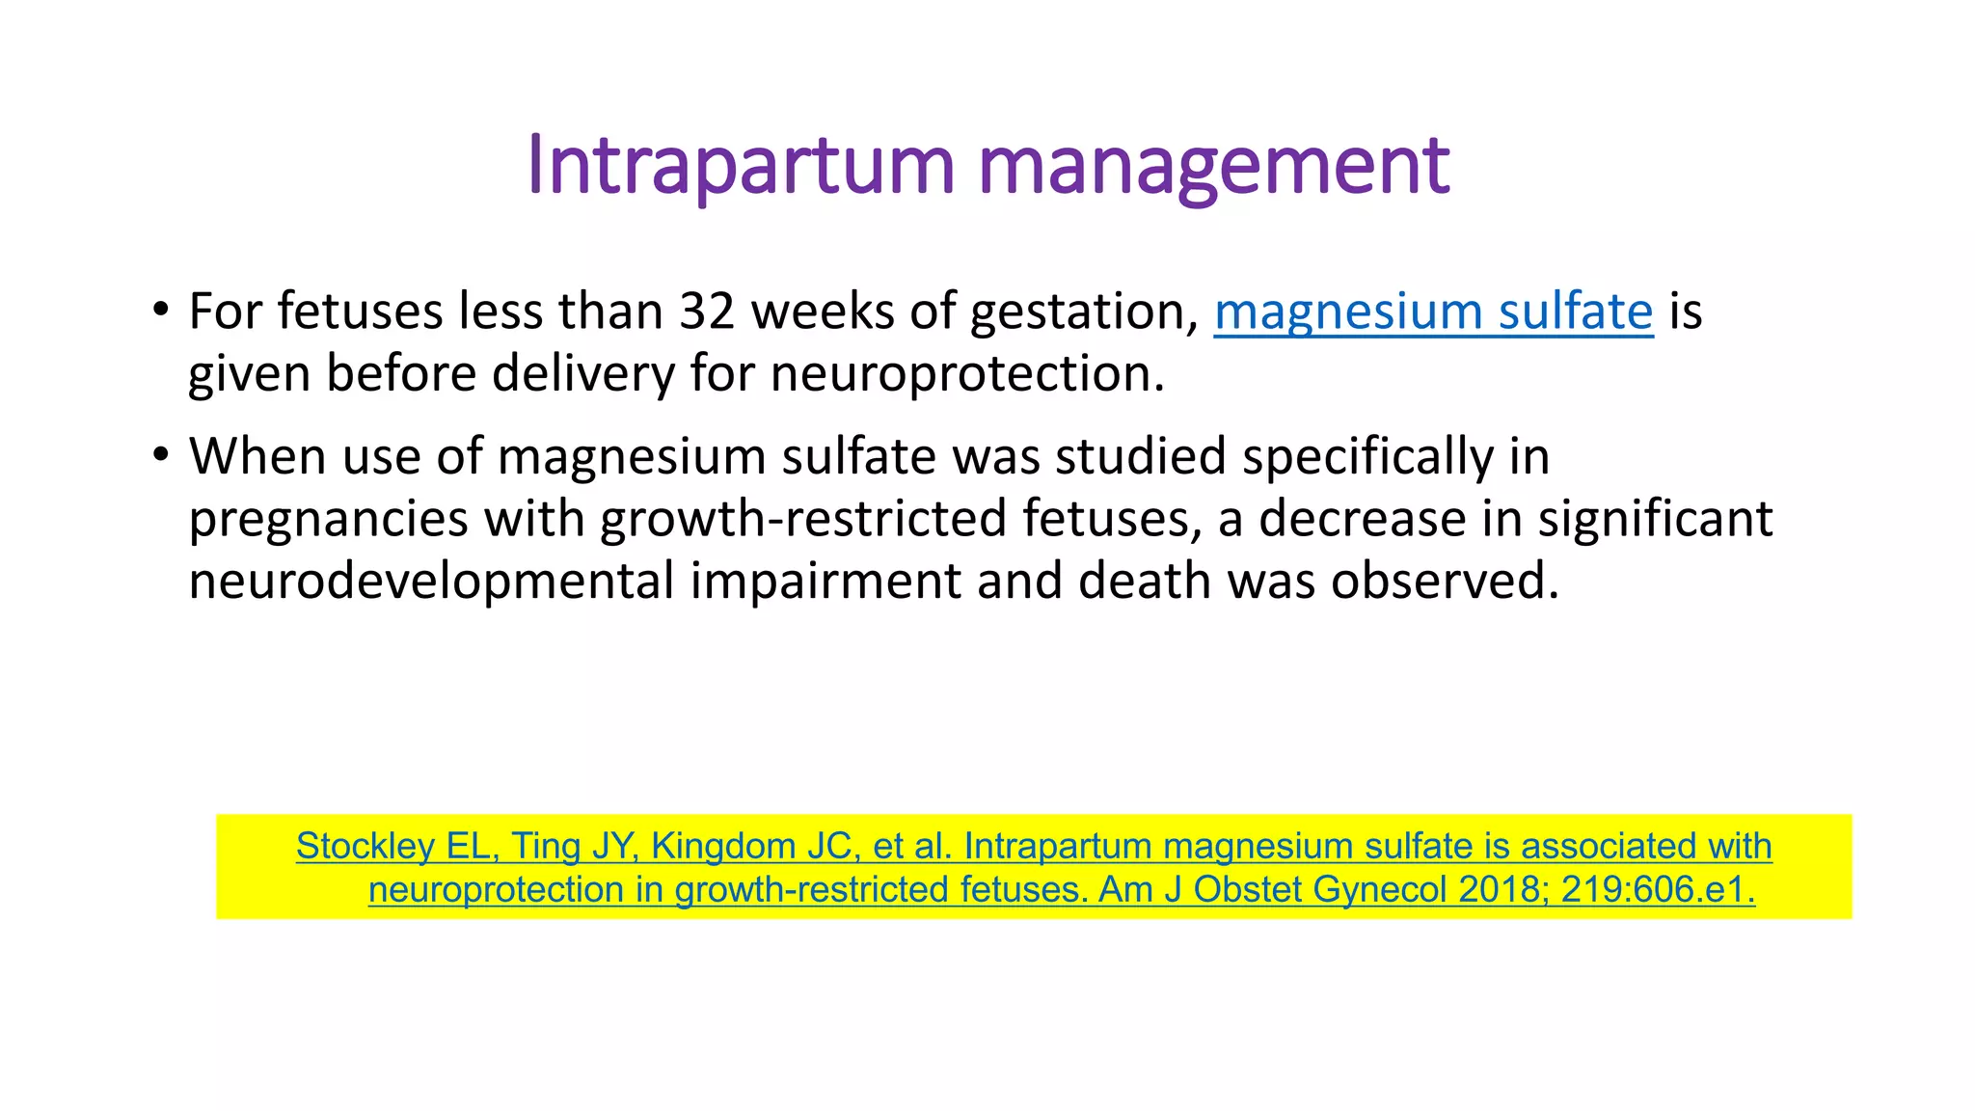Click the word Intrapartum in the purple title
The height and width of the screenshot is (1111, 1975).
point(741,166)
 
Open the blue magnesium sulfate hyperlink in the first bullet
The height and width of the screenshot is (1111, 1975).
point(1433,312)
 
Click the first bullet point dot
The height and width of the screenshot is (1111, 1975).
point(160,311)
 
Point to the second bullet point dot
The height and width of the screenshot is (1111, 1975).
point(160,455)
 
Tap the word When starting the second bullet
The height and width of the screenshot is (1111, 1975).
point(257,456)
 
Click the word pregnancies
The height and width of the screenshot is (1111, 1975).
point(328,519)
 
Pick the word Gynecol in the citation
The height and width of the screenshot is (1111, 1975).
point(1380,889)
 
